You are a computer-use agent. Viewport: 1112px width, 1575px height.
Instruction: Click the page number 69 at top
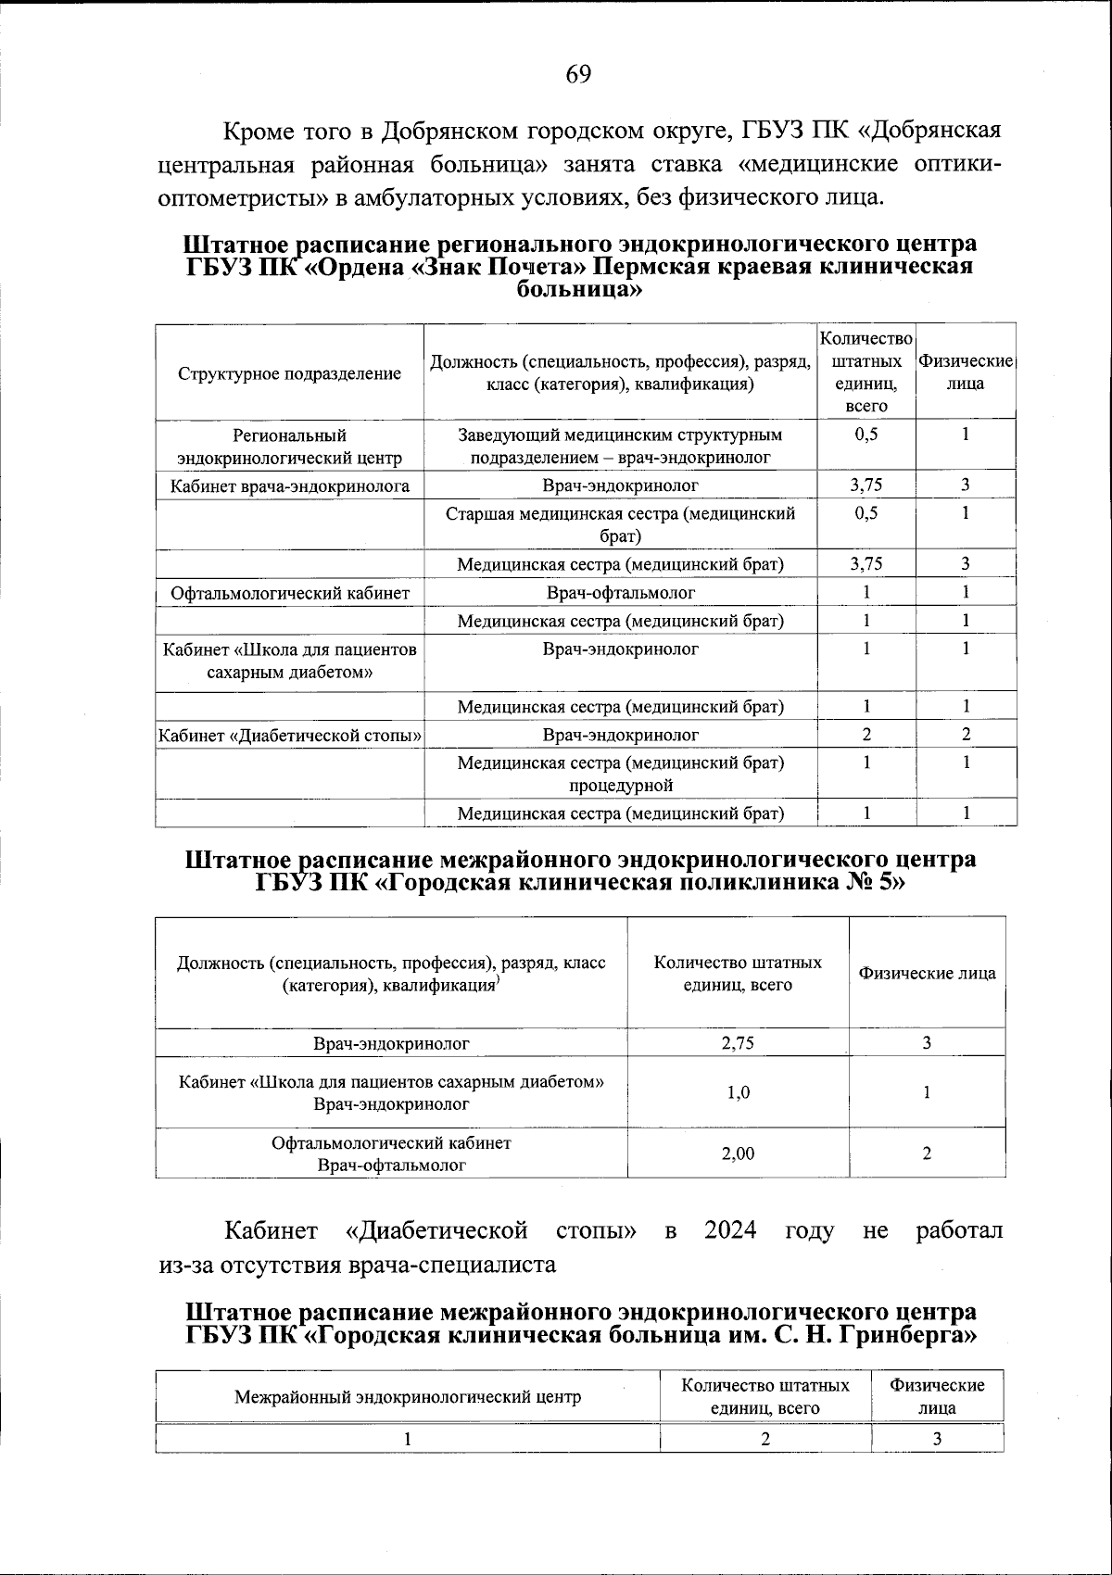(577, 75)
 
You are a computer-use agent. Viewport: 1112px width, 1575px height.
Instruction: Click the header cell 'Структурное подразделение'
(289, 373)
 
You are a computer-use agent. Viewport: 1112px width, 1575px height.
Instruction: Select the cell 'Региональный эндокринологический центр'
(289, 446)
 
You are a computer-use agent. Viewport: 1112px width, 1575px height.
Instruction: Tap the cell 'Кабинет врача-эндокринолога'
(289, 485)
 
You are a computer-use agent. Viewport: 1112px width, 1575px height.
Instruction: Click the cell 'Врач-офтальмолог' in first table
(620, 593)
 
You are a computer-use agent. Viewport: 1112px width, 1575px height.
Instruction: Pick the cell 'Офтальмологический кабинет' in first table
(289, 593)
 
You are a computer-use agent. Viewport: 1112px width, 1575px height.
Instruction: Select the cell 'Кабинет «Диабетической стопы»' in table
(289, 736)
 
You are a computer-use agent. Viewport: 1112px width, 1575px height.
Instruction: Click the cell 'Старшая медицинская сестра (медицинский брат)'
(620, 524)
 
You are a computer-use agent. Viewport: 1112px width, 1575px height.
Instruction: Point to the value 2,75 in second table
(738, 1043)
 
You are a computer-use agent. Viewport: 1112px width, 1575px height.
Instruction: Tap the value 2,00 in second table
(738, 1153)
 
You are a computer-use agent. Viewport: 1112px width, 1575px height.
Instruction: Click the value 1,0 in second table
(738, 1092)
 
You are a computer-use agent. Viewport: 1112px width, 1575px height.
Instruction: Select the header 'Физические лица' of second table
(927, 974)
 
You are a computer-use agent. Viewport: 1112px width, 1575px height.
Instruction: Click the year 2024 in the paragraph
(730, 1231)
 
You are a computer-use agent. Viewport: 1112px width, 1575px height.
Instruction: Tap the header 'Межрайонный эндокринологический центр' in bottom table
(408, 1397)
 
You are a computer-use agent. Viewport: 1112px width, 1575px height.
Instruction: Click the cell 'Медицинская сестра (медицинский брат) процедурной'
(620, 774)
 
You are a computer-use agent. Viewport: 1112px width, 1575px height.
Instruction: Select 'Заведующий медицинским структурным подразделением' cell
(620, 446)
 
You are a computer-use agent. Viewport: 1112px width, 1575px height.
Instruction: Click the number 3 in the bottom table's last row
(937, 1439)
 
